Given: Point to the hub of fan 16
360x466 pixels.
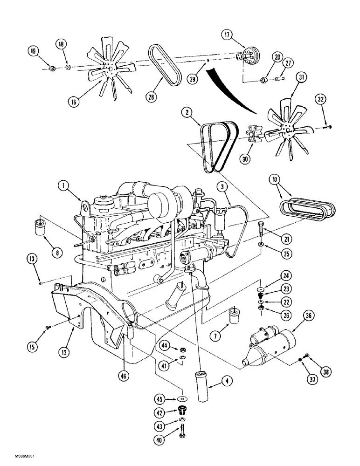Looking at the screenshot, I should (110, 70).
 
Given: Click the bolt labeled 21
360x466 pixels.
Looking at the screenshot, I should (260, 229).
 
